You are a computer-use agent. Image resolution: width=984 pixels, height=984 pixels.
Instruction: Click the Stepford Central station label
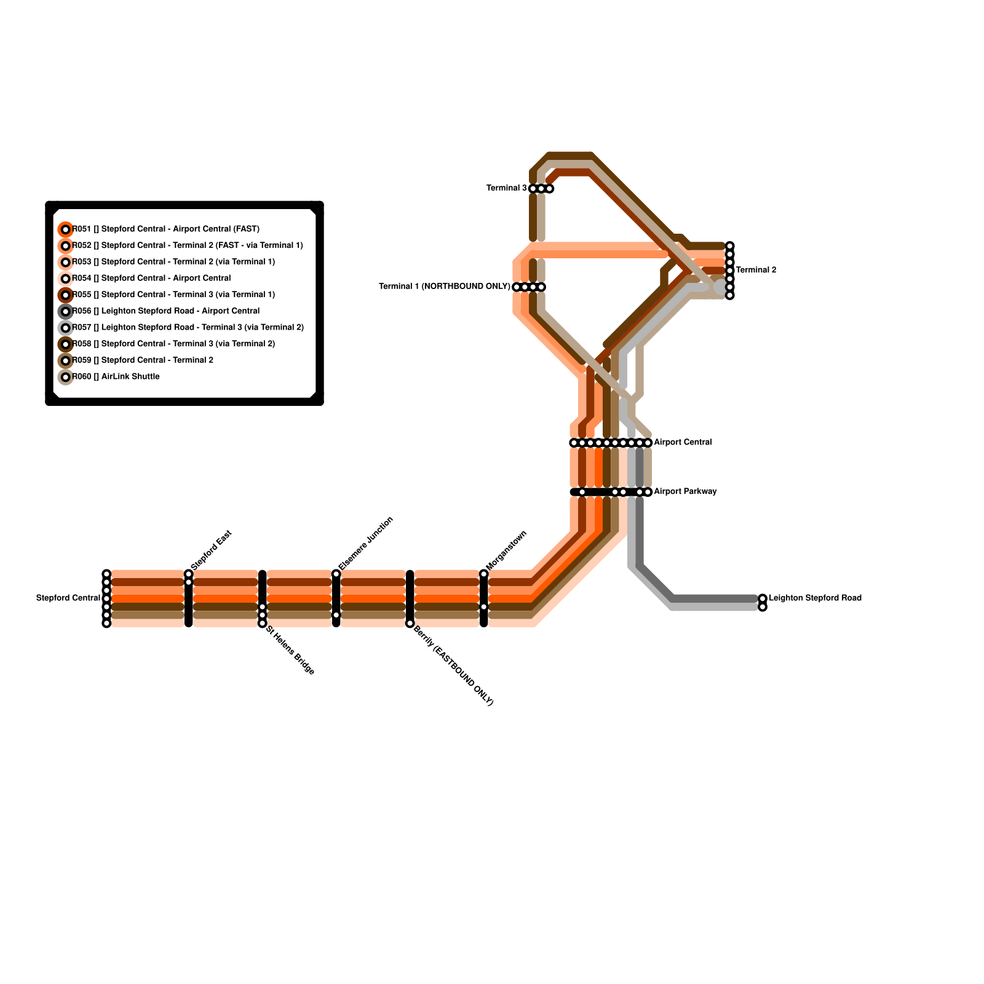click(68, 598)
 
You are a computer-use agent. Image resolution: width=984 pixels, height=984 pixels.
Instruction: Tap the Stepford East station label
click(212, 550)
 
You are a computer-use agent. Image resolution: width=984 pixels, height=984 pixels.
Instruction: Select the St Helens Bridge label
click(290, 651)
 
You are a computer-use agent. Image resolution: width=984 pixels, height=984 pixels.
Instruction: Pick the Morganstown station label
click(507, 550)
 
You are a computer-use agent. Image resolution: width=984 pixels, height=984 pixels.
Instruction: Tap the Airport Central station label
click(683, 442)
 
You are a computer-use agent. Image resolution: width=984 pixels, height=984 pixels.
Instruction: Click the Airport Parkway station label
click(685, 491)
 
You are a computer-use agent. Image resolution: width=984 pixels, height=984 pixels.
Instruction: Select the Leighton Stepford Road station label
click(815, 598)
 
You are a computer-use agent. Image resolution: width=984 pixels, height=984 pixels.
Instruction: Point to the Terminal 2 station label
click(756, 270)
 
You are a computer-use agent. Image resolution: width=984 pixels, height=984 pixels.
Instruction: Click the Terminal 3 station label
click(506, 188)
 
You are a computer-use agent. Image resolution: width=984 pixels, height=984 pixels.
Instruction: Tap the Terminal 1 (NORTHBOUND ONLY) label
click(444, 287)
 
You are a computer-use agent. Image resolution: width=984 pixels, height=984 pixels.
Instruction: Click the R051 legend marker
click(66, 229)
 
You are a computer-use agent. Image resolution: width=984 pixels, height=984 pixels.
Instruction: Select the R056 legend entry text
click(166, 311)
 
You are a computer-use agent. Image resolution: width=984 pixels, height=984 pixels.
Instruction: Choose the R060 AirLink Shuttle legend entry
click(116, 376)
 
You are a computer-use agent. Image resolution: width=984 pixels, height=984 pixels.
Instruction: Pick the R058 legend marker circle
click(66, 344)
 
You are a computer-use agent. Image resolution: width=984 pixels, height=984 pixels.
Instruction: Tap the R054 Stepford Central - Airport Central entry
click(151, 279)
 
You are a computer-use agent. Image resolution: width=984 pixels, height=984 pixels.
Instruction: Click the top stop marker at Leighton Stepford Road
click(763, 598)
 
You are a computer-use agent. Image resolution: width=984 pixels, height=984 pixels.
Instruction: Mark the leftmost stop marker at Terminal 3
click(533, 189)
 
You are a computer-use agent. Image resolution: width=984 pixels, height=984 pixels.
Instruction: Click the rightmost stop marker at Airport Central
click(648, 443)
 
